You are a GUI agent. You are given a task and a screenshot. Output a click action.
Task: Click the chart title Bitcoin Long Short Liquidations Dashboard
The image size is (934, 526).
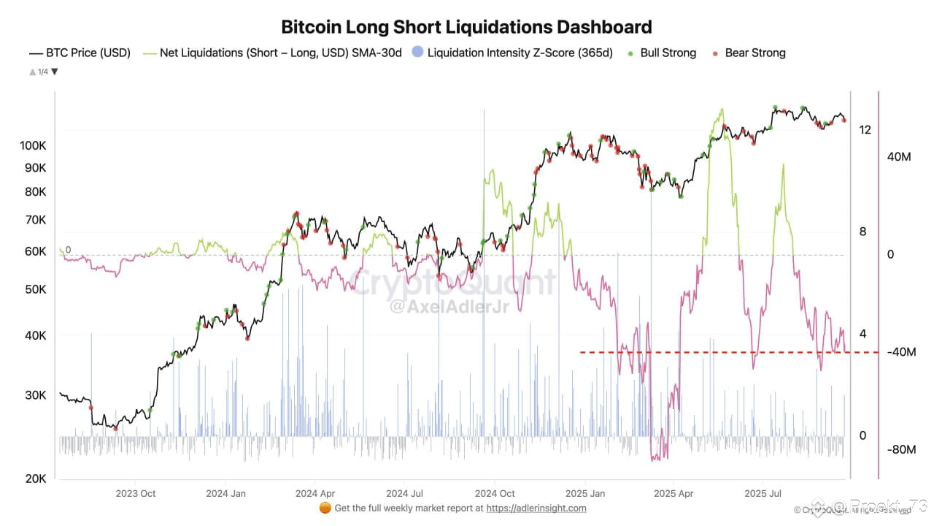coord(466,28)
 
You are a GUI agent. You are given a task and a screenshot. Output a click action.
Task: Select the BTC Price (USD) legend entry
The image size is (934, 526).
coord(80,53)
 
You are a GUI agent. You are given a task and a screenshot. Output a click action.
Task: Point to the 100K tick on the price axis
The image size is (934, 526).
coord(34,145)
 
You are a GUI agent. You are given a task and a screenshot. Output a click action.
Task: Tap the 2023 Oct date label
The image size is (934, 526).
coord(136,493)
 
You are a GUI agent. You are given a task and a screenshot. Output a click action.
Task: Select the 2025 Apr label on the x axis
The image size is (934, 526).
coord(675,493)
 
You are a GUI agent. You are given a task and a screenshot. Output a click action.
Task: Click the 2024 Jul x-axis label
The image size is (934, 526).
coord(406,493)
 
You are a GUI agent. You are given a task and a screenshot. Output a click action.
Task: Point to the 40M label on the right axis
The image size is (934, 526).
coord(900,157)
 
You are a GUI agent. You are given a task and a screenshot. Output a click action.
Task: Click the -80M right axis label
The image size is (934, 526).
coord(900,449)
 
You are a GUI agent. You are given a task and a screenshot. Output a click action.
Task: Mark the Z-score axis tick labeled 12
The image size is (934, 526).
coord(865,130)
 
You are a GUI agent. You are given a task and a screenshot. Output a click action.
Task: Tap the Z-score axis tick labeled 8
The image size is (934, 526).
coord(862,232)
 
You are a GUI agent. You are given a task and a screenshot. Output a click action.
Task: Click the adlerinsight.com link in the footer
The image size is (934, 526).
coord(536,508)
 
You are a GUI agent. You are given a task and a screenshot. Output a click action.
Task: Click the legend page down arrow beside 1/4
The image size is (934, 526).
coord(55,72)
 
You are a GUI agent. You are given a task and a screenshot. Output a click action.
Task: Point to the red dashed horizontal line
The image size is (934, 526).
coord(730,352)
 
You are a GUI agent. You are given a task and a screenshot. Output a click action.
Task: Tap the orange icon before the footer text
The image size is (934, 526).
coord(325,508)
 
